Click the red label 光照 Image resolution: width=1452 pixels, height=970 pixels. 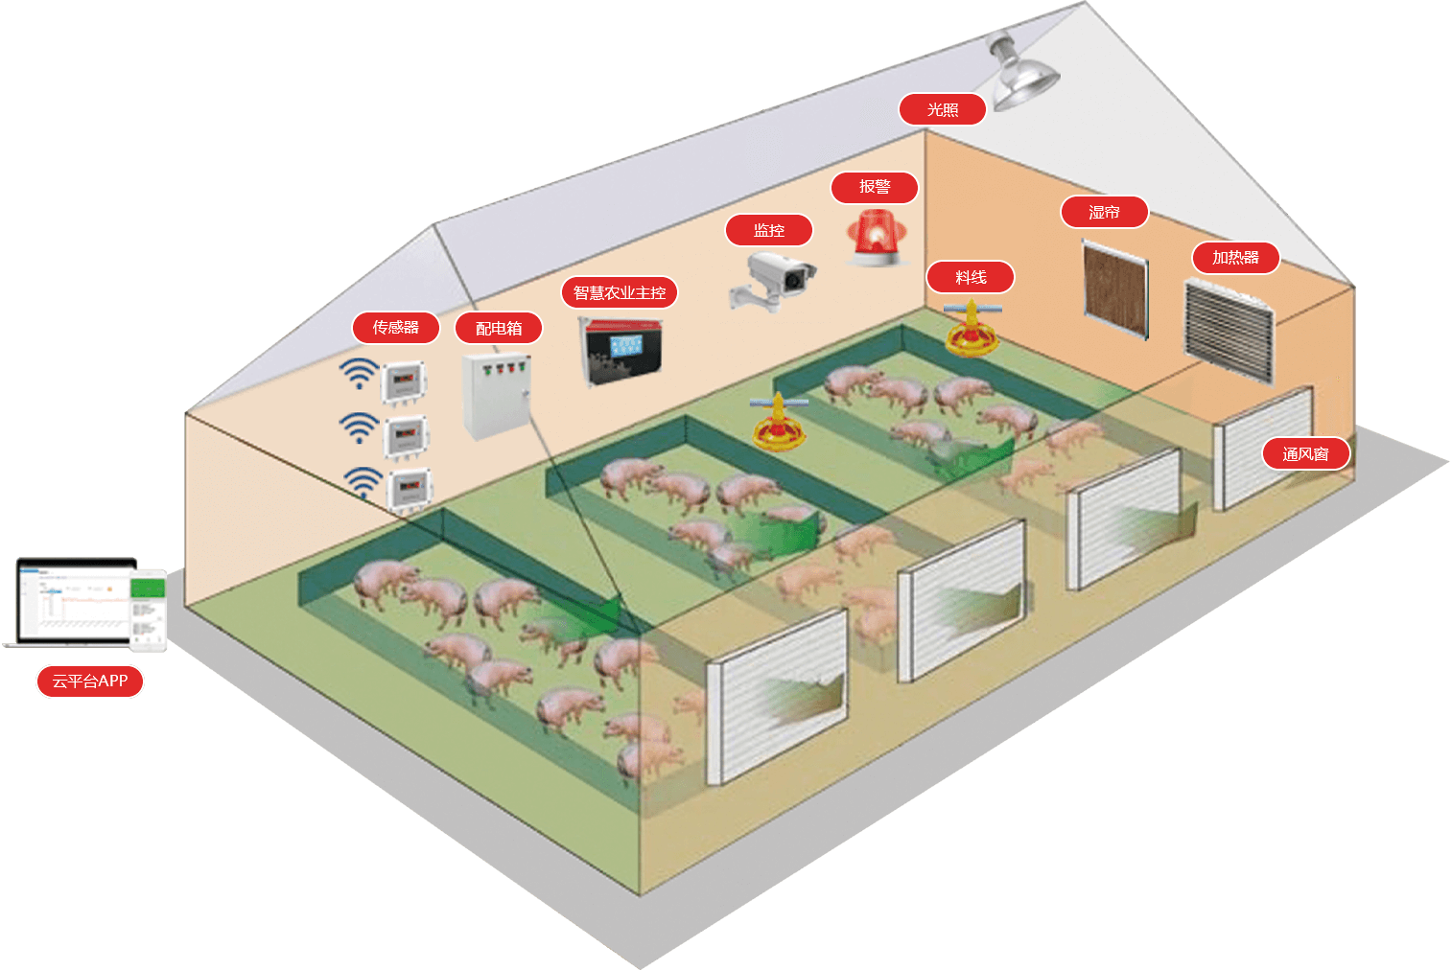coord(942,110)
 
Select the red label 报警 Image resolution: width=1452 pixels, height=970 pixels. coord(874,187)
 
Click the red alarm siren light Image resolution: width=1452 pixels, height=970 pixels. coord(875,239)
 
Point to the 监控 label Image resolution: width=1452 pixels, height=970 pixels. coord(768,230)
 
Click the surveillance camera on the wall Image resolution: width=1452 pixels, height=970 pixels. coord(775,281)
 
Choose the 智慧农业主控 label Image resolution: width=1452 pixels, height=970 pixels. coord(619,292)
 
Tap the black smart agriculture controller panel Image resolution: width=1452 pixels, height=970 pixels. coord(622,352)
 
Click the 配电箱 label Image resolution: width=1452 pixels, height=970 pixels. coord(499,329)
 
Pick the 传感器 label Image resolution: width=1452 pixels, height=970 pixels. coord(395,328)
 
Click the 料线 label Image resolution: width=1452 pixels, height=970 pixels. coord(970,278)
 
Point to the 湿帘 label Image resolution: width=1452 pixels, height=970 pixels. coord(1104,212)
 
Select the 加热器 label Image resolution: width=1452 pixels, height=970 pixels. coord(1235,258)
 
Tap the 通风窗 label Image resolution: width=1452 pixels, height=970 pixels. coord(1305,454)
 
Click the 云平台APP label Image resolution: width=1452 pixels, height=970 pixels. coord(89,681)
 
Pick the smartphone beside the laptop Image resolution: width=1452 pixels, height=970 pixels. coord(149,610)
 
